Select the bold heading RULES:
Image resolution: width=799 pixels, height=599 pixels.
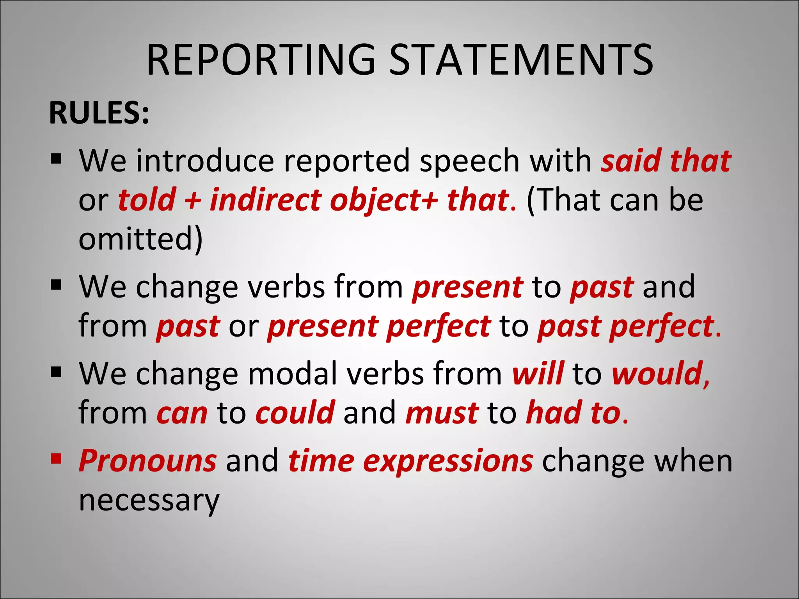(x=99, y=113)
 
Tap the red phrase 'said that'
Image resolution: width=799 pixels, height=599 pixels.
(x=666, y=161)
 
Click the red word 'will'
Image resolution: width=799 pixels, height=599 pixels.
(x=538, y=373)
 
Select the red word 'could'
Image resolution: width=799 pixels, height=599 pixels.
(x=295, y=413)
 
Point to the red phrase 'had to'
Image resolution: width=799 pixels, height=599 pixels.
(x=573, y=413)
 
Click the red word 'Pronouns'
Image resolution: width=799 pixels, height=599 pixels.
(x=147, y=461)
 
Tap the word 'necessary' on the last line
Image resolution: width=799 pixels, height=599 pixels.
(x=149, y=501)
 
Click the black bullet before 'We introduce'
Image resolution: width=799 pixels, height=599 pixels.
(x=56, y=159)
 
